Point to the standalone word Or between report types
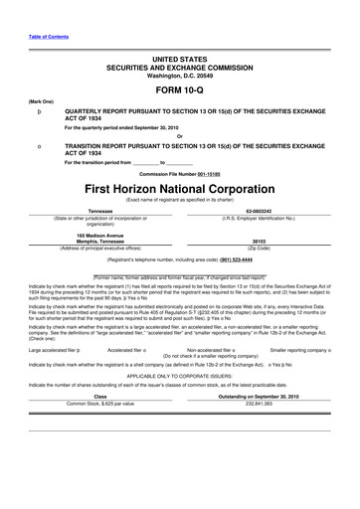tap(179, 137)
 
